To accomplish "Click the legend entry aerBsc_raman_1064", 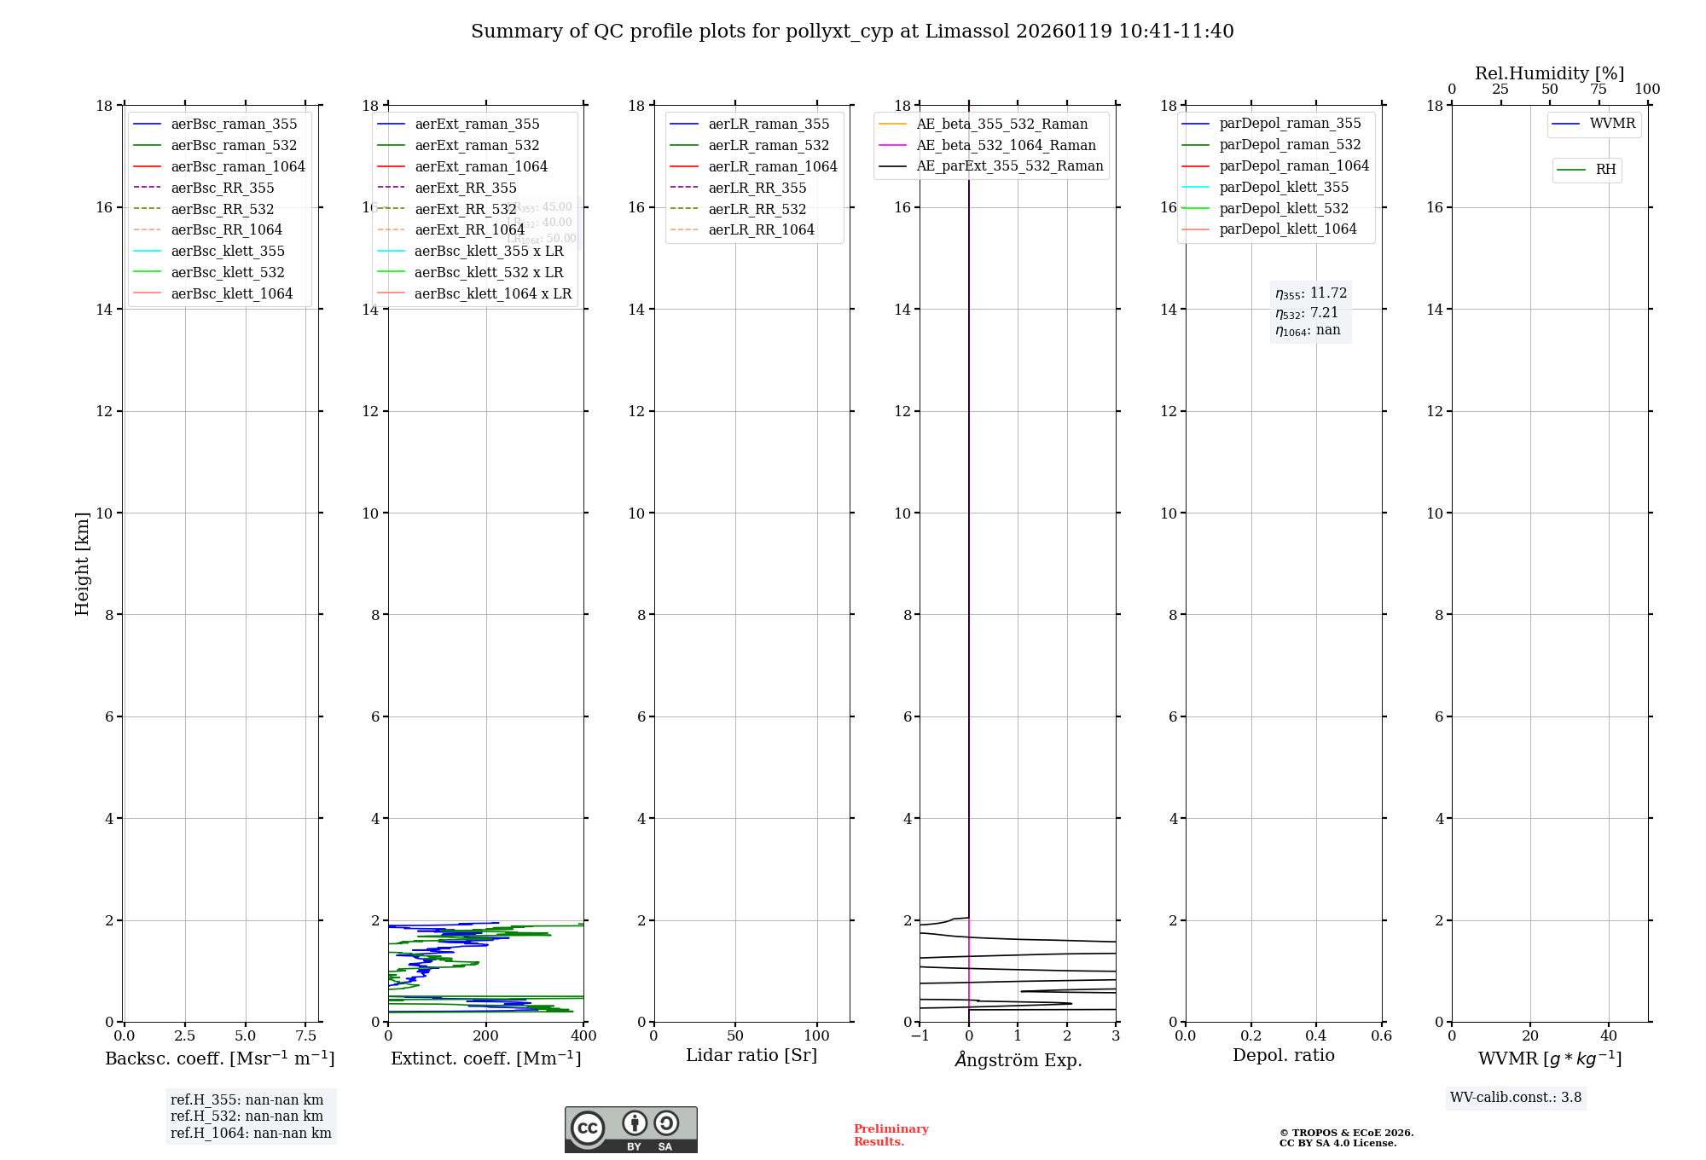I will [237, 166].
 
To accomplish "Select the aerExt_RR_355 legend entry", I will [465, 188].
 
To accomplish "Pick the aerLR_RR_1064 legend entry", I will [761, 229].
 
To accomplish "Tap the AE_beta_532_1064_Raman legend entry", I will [1006, 145].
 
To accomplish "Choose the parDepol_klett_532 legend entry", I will [1283, 208].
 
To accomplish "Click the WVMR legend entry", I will [1611, 124].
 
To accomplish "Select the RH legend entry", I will [1605, 170].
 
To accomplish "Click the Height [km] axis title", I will [82, 564].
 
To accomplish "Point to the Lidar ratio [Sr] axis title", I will [751, 1055].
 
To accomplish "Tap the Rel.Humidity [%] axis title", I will [1549, 73].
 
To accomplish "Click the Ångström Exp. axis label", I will [1018, 1059].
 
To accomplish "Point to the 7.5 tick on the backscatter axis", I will [305, 1036].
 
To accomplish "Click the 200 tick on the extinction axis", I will [485, 1036].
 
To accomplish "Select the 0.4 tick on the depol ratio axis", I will [1315, 1036].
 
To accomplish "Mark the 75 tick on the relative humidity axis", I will [1598, 90].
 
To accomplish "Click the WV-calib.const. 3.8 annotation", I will [1515, 1098].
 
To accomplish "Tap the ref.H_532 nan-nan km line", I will [247, 1116].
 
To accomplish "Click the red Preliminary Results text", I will [891, 1135].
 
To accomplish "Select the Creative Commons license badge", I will [630, 1130].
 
